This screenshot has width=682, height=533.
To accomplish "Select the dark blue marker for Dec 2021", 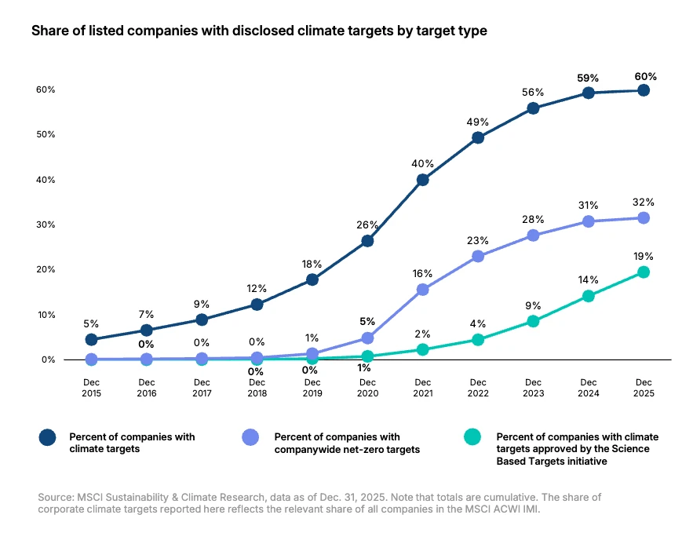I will click(x=423, y=180).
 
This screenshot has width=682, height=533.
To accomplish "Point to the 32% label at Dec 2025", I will click(x=644, y=202).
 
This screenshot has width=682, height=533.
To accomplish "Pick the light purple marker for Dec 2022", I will click(x=478, y=256).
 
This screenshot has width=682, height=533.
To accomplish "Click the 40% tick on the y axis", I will click(x=45, y=180).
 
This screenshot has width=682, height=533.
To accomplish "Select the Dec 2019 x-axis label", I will click(x=312, y=387).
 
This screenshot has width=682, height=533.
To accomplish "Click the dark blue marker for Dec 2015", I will click(x=91, y=340).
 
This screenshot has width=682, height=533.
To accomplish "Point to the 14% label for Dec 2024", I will click(x=589, y=279).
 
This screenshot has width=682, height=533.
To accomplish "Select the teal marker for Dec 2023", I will click(x=533, y=321).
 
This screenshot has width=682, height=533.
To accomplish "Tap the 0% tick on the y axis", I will click(x=47, y=360).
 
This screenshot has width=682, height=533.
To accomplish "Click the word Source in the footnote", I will click(x=54, y=498).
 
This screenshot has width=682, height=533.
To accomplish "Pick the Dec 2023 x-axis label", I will click(x=533, y=387).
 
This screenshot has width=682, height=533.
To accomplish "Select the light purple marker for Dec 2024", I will click(x=589, y=221).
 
